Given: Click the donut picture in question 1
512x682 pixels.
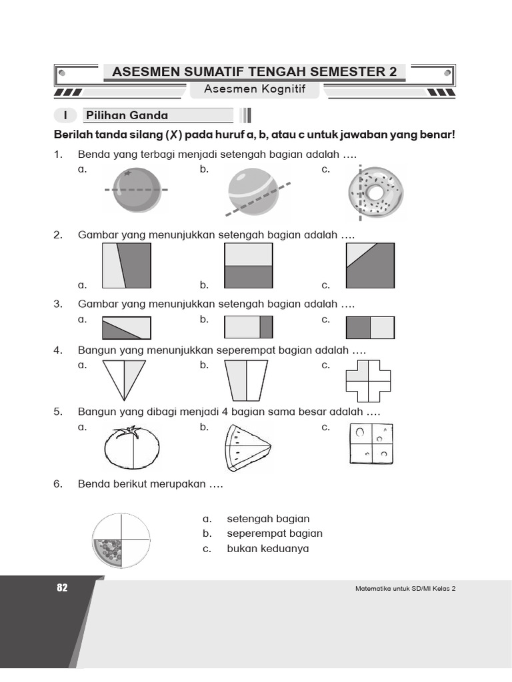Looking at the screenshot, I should (375, 192).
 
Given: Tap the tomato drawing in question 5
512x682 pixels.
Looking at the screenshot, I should (132, 448).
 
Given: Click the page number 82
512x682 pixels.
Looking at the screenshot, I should (63, 587).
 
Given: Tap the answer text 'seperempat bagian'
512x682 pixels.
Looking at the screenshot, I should (275, 533).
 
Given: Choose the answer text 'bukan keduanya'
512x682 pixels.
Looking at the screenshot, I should (268, 549).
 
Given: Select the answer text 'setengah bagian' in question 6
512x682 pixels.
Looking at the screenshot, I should (268, 519).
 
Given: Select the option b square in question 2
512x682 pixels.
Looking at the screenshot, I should (249, 266).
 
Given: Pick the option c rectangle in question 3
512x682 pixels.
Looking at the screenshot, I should (370, 328).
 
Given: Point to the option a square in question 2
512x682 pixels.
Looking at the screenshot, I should (126, 266).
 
